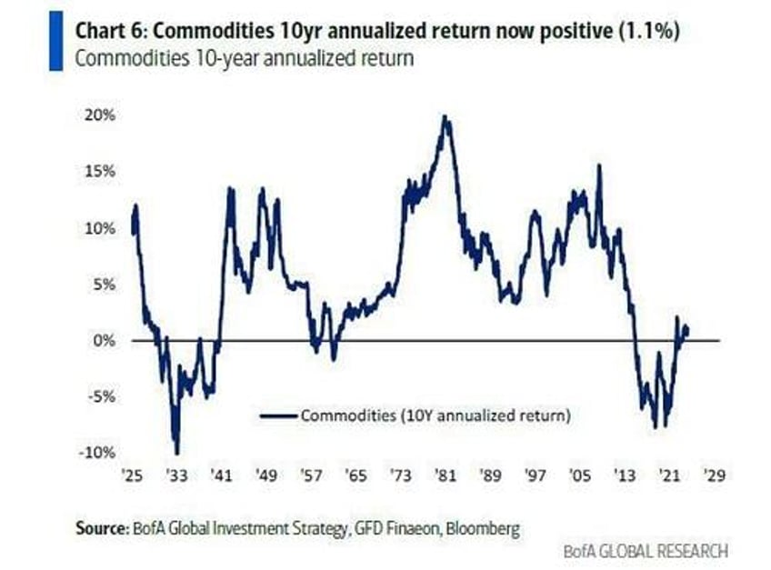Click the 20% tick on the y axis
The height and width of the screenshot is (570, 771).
coord(100,115)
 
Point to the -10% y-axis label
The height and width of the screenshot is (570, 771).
coord(97,453)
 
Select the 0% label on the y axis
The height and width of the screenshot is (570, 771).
coord(105,340)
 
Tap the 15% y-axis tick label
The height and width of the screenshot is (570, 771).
coord(100,172)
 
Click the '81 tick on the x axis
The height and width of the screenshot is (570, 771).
coord(445,475)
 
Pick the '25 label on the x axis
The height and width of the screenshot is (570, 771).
coord(132,475)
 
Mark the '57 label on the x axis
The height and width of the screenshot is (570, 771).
coord(310,475)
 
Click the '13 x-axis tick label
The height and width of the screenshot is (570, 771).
coord(624,475)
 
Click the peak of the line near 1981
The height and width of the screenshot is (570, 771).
coord(445,116)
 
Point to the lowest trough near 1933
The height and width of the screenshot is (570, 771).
coord(176,452)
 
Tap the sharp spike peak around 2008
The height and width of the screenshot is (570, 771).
coord(599,165)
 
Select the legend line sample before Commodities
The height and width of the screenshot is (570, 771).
coord(278,416)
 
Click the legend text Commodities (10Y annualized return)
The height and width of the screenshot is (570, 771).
coord(435,416)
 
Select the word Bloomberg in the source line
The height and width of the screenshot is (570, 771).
coord(482,527)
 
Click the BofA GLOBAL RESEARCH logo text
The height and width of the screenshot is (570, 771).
coord(644,550)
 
